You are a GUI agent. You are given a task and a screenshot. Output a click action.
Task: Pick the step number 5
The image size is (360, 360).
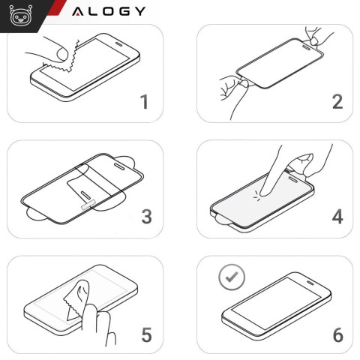pos(145,334)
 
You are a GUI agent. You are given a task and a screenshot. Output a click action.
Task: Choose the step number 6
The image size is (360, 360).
pos(337,334)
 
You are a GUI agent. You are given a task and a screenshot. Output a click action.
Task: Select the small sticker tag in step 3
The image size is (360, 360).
pos(86,202)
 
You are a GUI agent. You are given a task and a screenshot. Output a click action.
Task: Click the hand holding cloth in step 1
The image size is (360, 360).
pos(45,47)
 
